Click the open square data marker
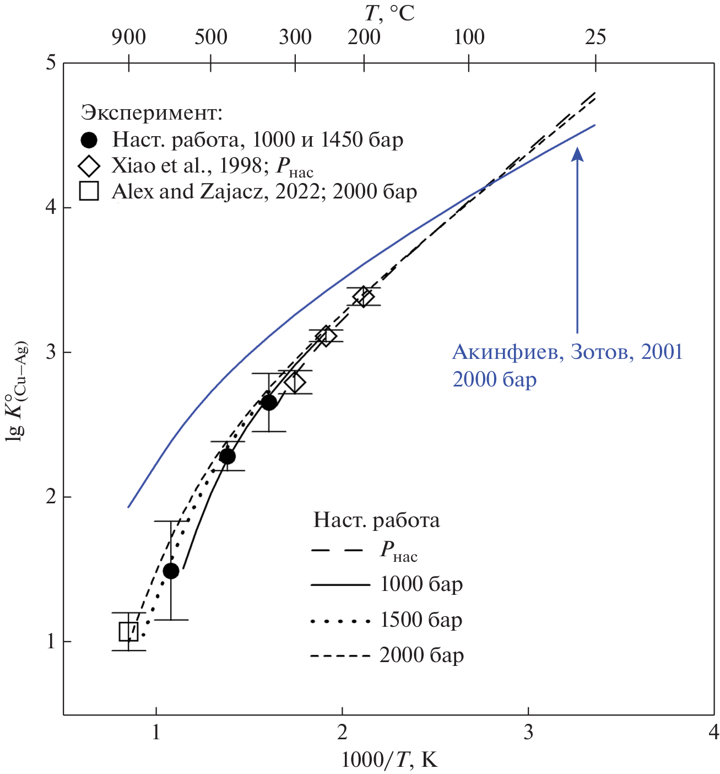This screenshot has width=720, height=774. (128, 632)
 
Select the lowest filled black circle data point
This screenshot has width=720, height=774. (171, 571)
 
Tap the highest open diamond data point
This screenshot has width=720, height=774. (363, 297)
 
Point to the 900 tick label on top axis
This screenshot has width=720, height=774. (128, 37)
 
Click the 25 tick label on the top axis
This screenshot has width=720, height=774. (595, 37)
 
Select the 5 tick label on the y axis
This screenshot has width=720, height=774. (51, 62)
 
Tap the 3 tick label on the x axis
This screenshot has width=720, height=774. (528, 732)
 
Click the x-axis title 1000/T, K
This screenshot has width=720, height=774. (389, 760)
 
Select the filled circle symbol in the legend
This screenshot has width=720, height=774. (89, 140)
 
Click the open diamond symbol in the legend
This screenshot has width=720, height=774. (89, 165)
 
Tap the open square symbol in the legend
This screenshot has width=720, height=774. (89, 191)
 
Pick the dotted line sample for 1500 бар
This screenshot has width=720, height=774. (340, 621)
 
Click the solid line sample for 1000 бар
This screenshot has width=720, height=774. (340, 584)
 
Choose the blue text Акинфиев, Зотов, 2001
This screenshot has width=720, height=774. (567, 352)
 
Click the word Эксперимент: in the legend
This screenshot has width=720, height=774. (151, 113)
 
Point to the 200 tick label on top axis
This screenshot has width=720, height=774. (364, 37)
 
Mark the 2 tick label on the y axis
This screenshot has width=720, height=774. (51, 497)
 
